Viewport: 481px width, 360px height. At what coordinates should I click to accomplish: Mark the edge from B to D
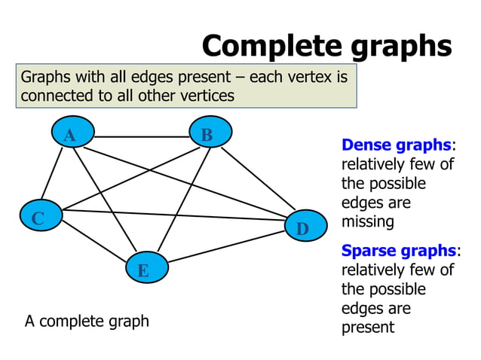pyautogui.click(x=257, y=180)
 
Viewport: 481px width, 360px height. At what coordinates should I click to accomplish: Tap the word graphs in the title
pyautogui.click(x=400, y=46)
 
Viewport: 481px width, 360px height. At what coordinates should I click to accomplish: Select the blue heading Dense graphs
pyautogui.click(x=396, y=145)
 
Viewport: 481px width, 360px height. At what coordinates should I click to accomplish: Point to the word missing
pyautogui.click(x=368, y=222)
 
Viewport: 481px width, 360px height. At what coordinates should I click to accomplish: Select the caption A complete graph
pyautogui.click(x=87, y=322)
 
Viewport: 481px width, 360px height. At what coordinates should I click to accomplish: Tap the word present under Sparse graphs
pyautogui.click(x=368, y=328)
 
